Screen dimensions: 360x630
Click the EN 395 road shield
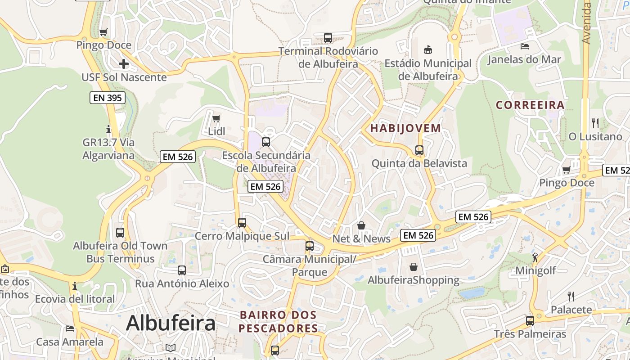coord(107,98)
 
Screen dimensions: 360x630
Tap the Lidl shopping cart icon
coord(216,119)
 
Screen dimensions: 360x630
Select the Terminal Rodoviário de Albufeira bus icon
coord(328,38)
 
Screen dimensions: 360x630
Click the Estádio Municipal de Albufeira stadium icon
coord(427,49)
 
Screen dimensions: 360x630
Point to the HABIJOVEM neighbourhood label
coord(405,128)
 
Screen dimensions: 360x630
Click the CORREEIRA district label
coord(530,105)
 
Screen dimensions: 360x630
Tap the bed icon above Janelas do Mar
coord(524,46)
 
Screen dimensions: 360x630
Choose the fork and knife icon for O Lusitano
coord(595,123)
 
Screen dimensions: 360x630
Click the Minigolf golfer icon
coord(535,257)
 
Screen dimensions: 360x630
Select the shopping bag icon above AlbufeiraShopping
coord(414,267)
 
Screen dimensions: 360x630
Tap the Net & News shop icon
coord(361,225)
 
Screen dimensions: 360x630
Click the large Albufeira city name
coord(171,323)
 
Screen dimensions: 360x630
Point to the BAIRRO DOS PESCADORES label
coord(278,321)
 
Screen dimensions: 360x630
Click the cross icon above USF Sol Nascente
coord(124,64)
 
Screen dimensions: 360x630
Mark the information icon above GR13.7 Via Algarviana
coord(108,130)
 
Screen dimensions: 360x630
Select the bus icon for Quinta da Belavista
coord(419,150)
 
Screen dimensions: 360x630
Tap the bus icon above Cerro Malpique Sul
coord(242,223)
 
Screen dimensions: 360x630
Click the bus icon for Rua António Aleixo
coord(182,270)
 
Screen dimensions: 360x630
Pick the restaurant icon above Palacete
coord(571,296)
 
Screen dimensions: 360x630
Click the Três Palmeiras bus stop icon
coord(530,321)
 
